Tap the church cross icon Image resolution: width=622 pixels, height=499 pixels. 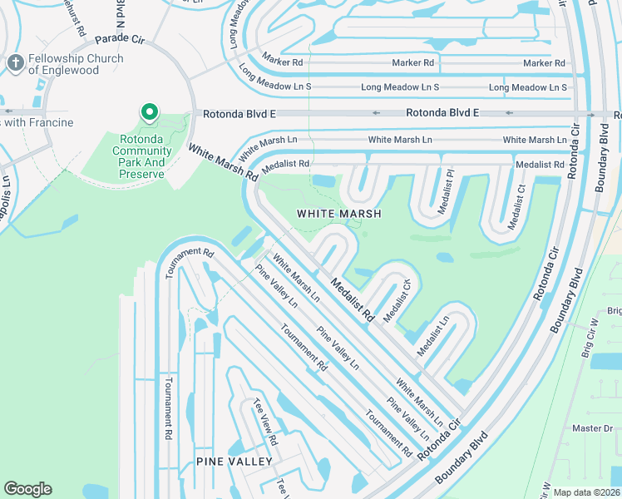click(15, 62)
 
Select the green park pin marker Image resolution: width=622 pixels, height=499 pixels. click(149, 111)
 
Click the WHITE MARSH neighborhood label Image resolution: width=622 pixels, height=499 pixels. click(339, 214)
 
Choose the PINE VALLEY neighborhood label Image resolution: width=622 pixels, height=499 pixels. click(234, 461)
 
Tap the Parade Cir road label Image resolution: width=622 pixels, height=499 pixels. click(121, 39)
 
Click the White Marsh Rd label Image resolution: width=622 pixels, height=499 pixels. click(223, 163)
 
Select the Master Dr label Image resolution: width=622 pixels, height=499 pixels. click(592, 427)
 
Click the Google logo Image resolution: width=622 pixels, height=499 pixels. click(27, 488)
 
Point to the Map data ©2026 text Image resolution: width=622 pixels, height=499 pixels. click(586, 492)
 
